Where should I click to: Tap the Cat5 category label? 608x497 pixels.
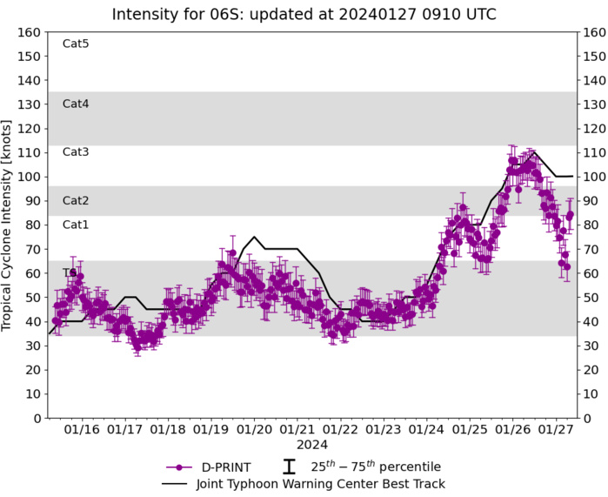pyautogui.click(x=76, y=44)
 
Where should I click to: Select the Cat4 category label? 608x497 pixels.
pyautogui.click(x=76, y=104)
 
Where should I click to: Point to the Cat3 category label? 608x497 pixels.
pyautogui.click(x=76, y=152)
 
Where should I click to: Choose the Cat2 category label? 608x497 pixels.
pyautogui.click(x=76, y=201)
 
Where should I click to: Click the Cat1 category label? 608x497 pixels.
pyautogui.click(x=76, y=225)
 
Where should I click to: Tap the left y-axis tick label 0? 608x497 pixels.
pyautogui.click(x=37, y=419)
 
